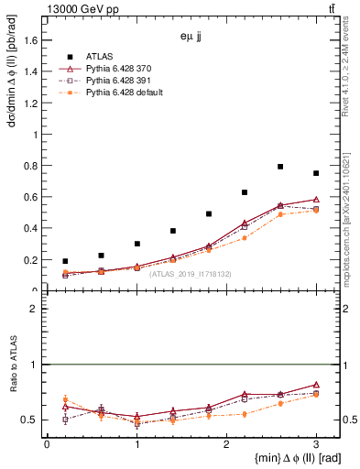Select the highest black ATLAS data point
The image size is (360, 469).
(280, 167)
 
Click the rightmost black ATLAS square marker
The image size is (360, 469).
(316, 173)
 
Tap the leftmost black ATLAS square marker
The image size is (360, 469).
(65, 261)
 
